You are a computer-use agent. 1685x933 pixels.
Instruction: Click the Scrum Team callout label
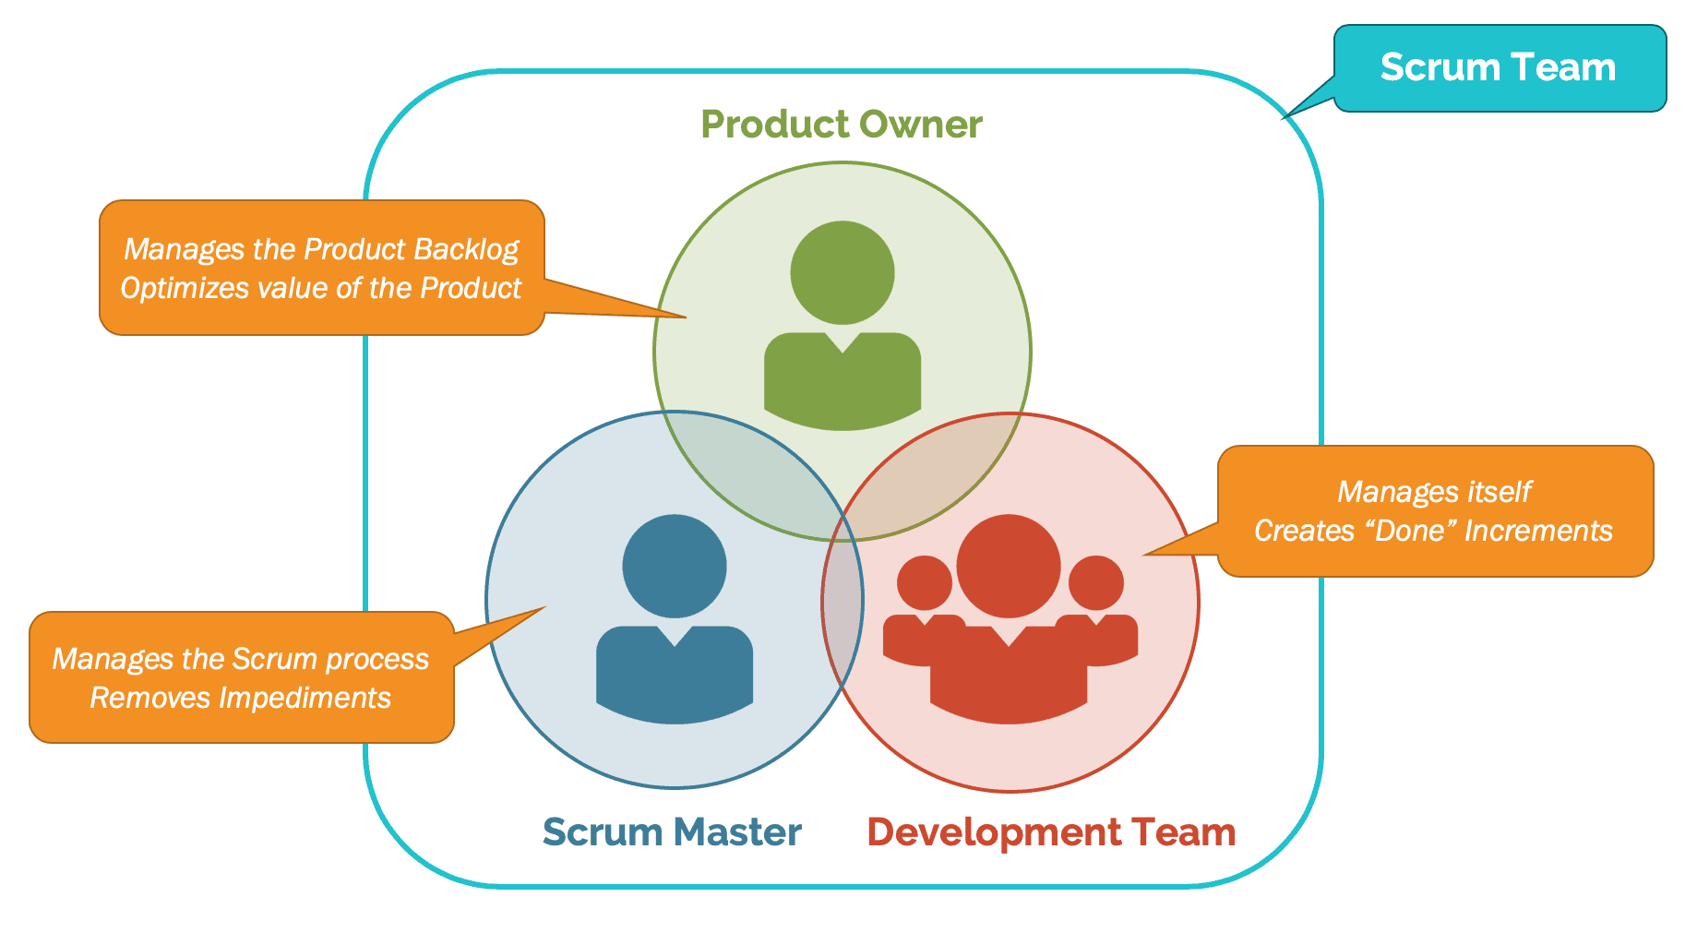(x=1498, y=68)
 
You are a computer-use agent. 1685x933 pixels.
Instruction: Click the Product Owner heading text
(x=841, y=125)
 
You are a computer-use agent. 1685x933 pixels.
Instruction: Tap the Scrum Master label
(x=671, y=832)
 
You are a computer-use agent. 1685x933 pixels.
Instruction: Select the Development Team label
(x=1050, y=832)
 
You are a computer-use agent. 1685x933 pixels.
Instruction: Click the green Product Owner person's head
(x=842, y=272)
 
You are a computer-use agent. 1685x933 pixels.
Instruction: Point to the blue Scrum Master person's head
(x=675, y=566)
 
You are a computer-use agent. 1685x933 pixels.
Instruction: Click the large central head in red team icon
(x=1009, y=566)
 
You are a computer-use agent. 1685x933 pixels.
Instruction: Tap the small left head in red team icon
(x=924, y=583)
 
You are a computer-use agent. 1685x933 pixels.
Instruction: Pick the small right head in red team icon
(x=1096, y=583)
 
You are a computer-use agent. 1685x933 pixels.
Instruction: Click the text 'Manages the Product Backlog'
(x=320, y=249)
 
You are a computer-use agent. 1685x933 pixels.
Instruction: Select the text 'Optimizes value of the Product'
(x=320, y=288)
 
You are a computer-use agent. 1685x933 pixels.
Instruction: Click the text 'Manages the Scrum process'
(x=240, y=659)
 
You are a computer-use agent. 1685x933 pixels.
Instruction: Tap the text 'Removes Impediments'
(x=240, y=698)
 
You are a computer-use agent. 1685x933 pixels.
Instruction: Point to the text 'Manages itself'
(x=1433, y=492)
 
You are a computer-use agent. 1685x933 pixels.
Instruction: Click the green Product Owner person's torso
(x=842, y=388)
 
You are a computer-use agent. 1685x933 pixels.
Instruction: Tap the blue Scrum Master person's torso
(x=675, y=678)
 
